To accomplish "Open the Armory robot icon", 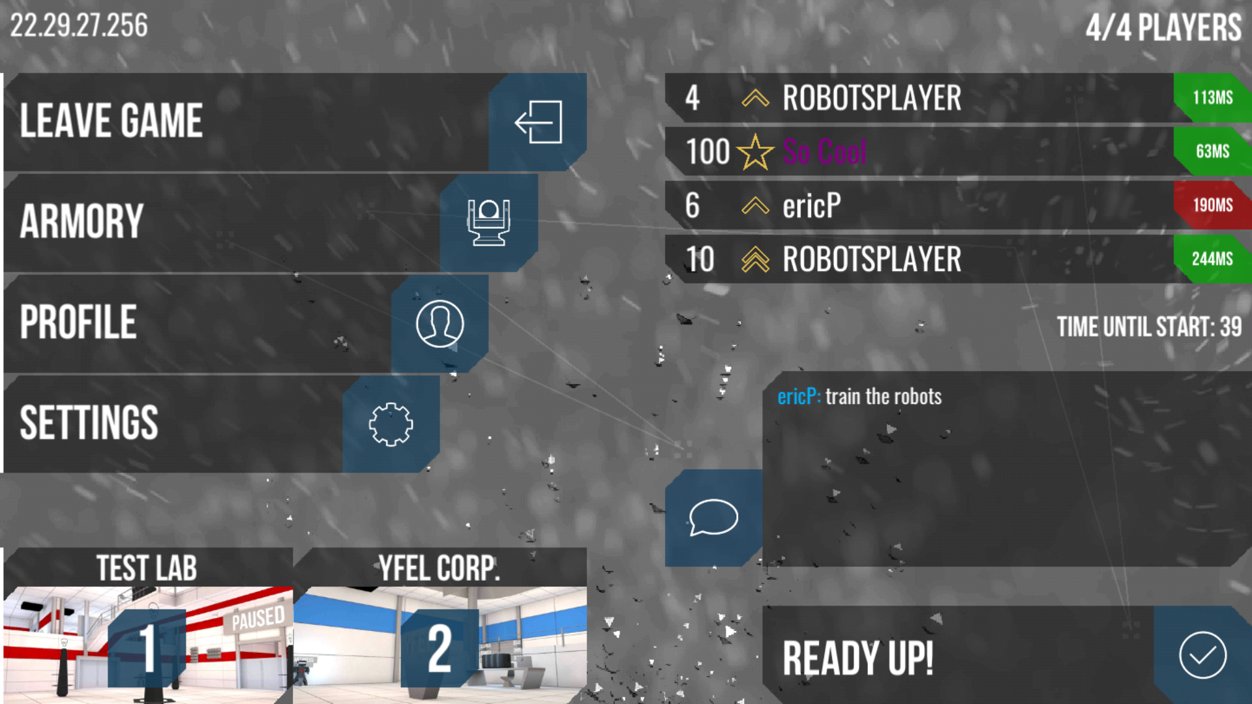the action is (488, 222).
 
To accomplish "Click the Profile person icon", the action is (440, 323).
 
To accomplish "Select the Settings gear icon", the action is (391, 424).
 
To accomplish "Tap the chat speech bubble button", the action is (713, 517).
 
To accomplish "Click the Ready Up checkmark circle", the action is (1202, 655).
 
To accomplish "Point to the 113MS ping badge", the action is (1213, 98).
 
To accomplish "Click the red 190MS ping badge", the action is (1213, 205).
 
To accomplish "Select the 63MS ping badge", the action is (1213, 151).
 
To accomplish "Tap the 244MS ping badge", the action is (1213, 259).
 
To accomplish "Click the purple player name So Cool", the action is (825, 152).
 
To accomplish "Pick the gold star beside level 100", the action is (755, 152).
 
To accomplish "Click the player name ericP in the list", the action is (812, 206).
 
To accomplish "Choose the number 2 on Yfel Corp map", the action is (440, 648).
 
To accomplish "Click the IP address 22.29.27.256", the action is (79, 26).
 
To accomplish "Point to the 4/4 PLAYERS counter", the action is (1163, 28).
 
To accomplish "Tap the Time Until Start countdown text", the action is (1149, 327).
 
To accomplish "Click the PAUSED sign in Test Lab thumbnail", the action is (258, 618).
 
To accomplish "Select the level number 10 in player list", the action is (700, 259).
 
